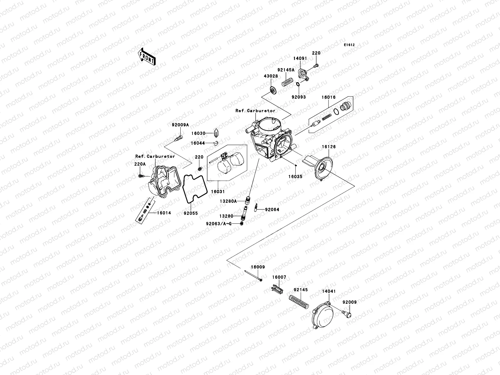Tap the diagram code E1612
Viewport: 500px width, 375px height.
click(x=349, y=45)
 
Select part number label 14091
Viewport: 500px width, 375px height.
click(x=300, y=58)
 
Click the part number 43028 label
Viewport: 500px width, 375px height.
click(x=270, y=76)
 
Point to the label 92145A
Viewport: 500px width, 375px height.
click(x=286, y=70)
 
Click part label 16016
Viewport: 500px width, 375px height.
click(x=328, y=97)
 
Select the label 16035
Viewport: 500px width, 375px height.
click(x=295, y=176)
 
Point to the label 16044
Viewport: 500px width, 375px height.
click(x=198, y=143)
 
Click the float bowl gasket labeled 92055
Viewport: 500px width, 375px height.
click(x=194, y=187)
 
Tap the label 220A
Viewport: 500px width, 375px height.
click(x=140, y=164)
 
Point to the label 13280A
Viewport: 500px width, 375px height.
click(x=228, y=202)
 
